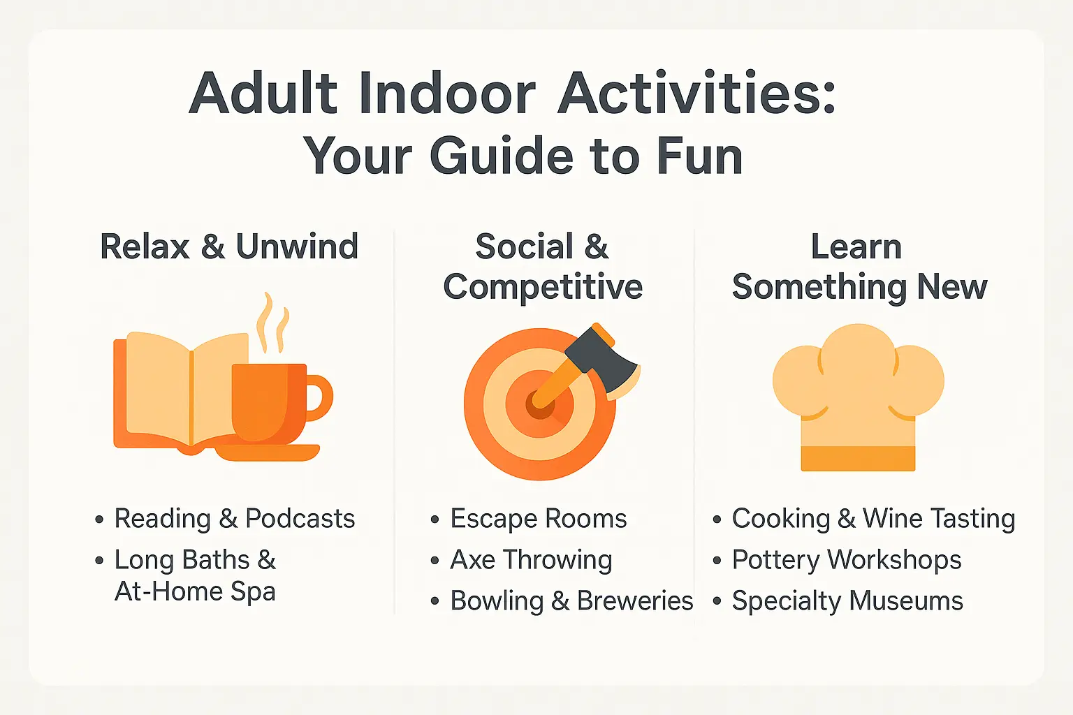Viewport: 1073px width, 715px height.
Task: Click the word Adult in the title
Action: tap(264, 94)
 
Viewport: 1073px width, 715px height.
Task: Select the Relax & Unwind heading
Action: tap(229, 246)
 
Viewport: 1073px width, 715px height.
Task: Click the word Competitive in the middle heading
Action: tap(543, 287)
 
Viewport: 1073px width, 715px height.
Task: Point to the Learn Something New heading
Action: tap(859, 267)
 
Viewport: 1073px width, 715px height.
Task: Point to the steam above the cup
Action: tap(272, 323)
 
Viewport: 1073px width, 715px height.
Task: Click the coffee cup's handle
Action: tap(319, 398)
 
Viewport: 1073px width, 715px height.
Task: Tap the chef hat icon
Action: tap(858, 391)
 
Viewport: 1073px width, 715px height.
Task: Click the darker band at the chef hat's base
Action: tap(858, 459)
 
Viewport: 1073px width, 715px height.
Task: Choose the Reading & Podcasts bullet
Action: tap(234, 519)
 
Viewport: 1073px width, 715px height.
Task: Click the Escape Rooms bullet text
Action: tap(538, 519)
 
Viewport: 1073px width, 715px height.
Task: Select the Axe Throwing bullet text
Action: tap(531, 560)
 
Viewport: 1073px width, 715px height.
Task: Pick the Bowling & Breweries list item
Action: tap(571, 601)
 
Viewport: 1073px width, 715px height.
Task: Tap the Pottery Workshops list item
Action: tap(846, 560)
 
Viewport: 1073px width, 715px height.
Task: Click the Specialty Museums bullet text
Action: tap(847, 601)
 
